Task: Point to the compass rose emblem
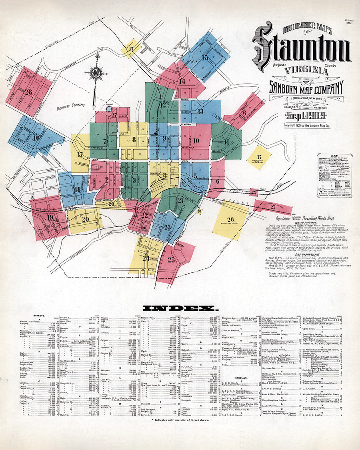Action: click(x=96, y=74)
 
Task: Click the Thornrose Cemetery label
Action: click(x=71, y=105)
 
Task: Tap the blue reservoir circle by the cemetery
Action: click(x=108, y=108)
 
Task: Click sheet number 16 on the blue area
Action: click(x=36, y=138)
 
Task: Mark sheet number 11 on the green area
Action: click(x=226, y=141)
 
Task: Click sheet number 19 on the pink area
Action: click(x=50, y=218)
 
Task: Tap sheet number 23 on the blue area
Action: click(x=167, y=227)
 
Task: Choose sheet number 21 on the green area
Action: click(x=180, y=200)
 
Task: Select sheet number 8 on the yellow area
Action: click(x=134, y=140)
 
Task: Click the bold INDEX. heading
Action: click(x=180, y=308)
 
